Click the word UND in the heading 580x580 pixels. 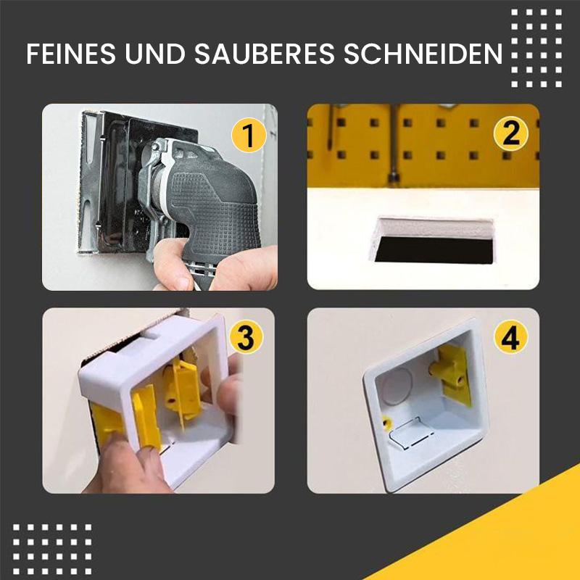click(x=157, y=54)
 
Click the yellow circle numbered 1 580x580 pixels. click(x=248, y=136)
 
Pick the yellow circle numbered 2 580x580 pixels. click(x=512, y=134)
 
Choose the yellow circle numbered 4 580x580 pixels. click(x=511, y=339)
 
